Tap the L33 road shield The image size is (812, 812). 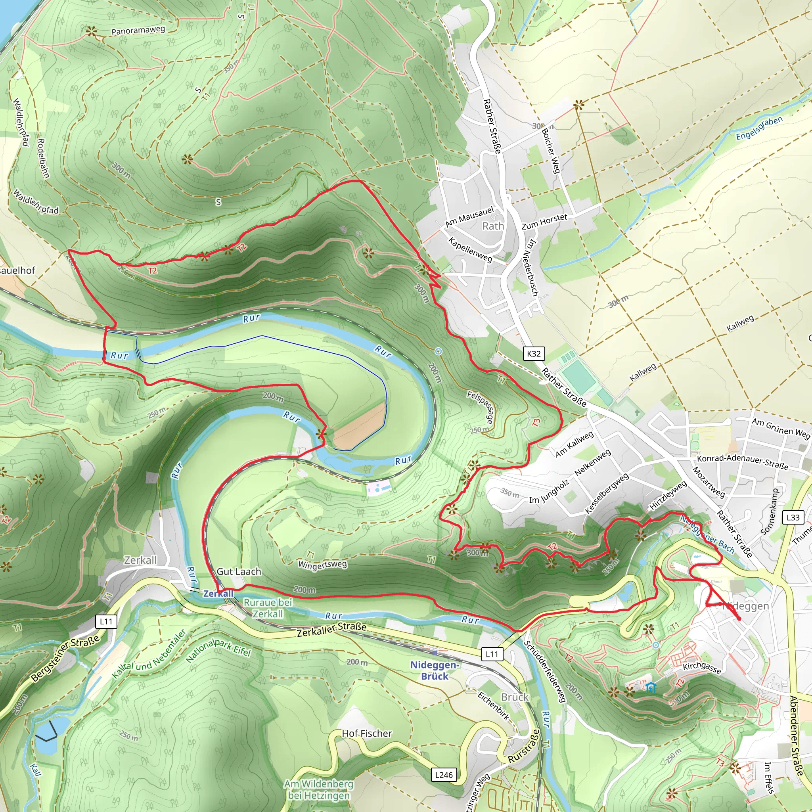point(793,517)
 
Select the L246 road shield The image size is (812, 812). point(444,775)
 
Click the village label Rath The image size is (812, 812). point(493,226)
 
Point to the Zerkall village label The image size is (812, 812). point(140,560)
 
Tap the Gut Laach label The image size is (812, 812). point(239,572)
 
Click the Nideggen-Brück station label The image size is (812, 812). point(435,670)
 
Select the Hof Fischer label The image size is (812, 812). point(366,733)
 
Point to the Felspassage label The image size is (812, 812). point(480,407)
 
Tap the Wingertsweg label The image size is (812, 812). point(322,565)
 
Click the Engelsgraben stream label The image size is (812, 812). point(759,128)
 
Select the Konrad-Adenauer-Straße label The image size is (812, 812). point(742,462)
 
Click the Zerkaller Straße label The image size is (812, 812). point(331,630)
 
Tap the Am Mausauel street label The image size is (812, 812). point(469,217)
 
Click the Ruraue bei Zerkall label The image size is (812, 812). point(268,608)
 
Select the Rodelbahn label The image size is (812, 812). point(43,159)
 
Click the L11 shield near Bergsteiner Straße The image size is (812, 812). point(106,621)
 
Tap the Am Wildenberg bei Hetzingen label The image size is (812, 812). point(319,790)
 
